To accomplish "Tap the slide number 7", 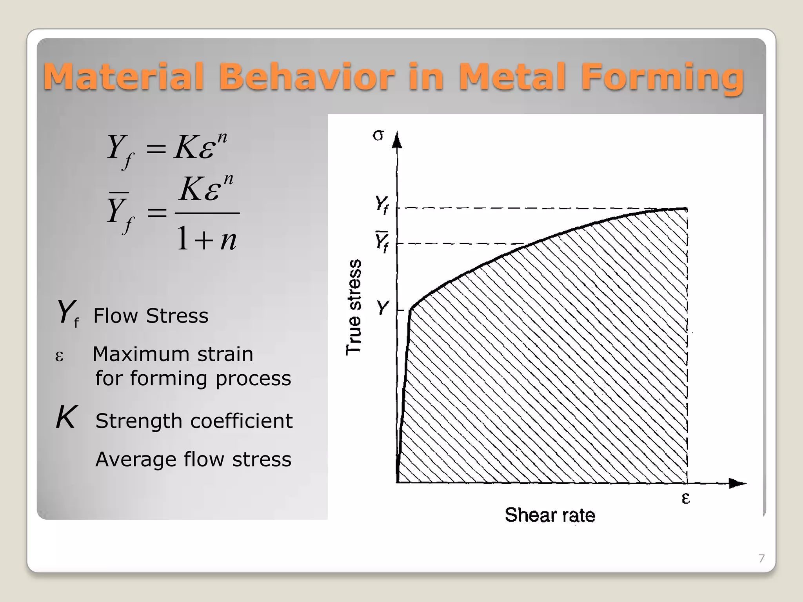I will point(761,558).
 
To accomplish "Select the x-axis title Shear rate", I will point(550,515).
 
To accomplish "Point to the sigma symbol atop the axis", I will point(378,136).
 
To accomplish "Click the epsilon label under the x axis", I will point(686,498).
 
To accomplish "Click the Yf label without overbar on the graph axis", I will point(382,205).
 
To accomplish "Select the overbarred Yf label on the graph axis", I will point(382,241).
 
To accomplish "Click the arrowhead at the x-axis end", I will point(737,483).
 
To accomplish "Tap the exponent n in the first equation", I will point(222,138).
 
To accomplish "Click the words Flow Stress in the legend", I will point(151,316).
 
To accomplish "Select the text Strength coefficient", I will point(194,421).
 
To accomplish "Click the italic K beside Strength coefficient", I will point(65,418).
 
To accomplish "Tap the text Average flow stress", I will point(193,459).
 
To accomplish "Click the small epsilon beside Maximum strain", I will point(59,356).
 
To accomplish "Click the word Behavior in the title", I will point(306,76).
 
